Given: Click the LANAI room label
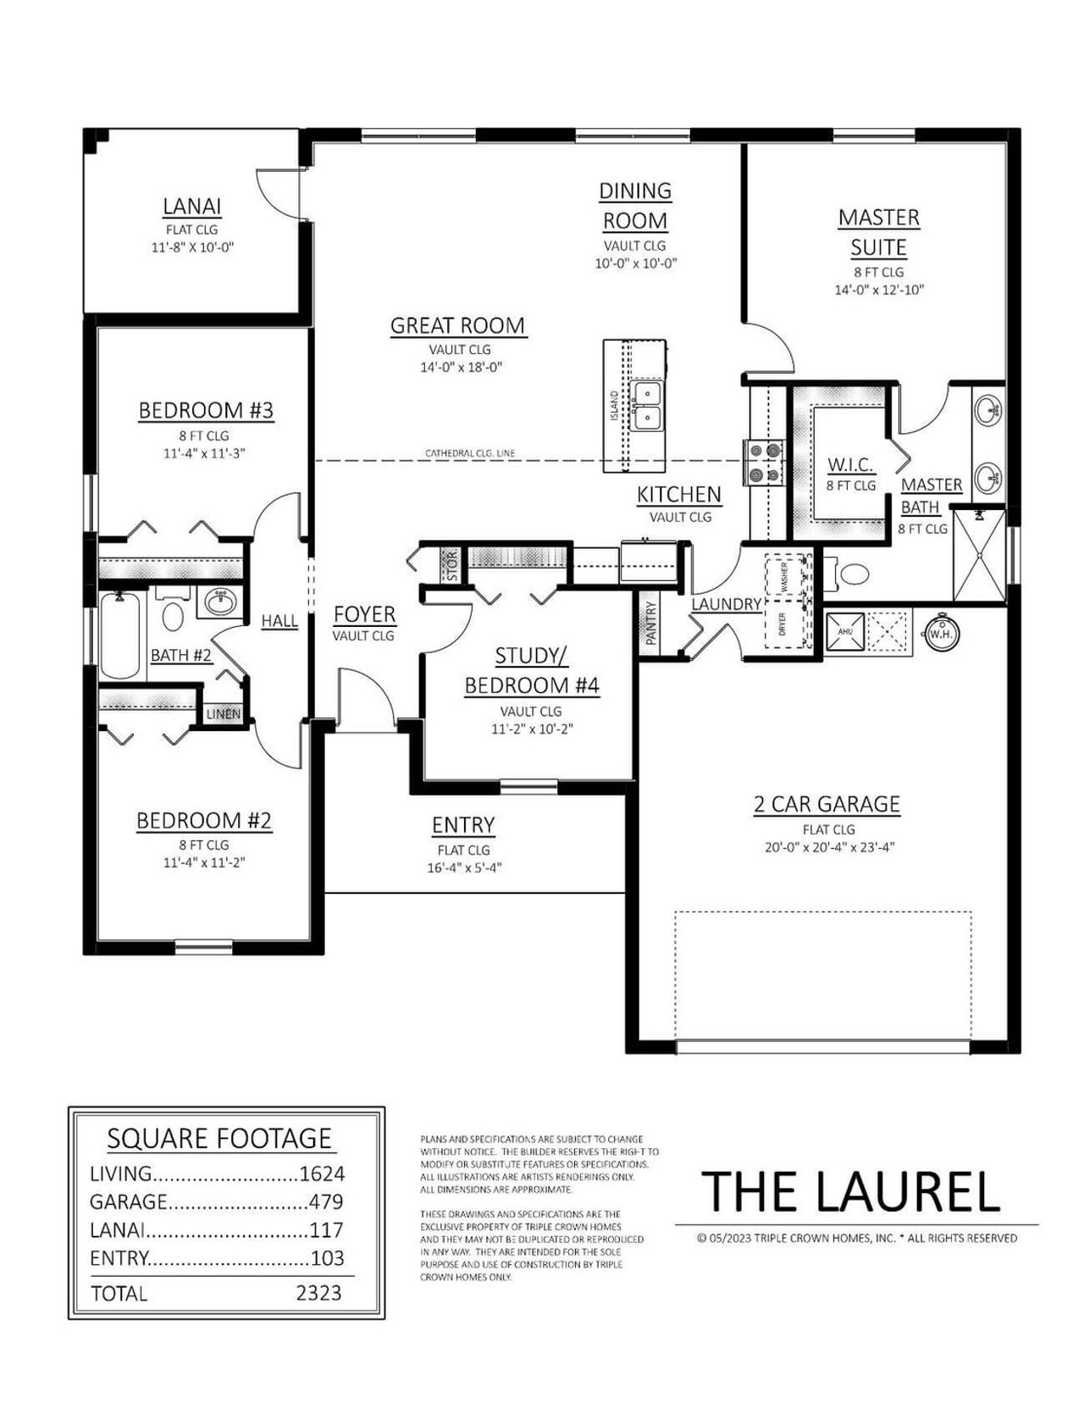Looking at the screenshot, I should pyautogui.click(x=192, y=207).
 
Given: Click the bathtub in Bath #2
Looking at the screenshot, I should pyautogui.click(x=121, y=635).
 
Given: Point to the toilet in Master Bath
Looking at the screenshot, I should pyautogui.click(x=849, y=574).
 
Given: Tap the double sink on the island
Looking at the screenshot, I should pyautogui.click(x=649, y=405).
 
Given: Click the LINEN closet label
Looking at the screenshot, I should pyautogui.click(x=224, y=714).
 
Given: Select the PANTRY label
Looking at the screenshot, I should pyautogui.click(x=651, y=624).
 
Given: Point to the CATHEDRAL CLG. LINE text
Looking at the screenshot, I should pyautogui.click(x=470, y=454).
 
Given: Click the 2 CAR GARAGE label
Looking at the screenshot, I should pyautogui.click(x=827, y=804).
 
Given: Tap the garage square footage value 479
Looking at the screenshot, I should pyautogui.click(x=326, y=1201).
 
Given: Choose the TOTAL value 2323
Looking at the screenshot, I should pyautogui.click(x=319, y=1293).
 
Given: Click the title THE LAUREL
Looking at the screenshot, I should pyautogui.click(x=852, y=1190).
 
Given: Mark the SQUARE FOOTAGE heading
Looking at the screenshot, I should pyautogui.click(x=219, y=1139).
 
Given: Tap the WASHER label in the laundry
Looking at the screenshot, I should pyautogui.click(x=783, y=577).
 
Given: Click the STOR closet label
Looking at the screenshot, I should pyautogui.click(x=451, y=566).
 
